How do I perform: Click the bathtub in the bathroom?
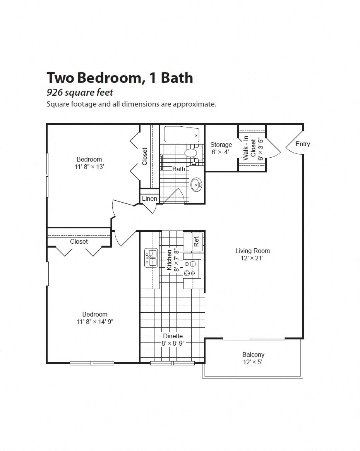point(182,134)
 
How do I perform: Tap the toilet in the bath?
point(192,153)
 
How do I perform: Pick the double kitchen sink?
point(151,258)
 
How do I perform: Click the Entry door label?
point(303,144)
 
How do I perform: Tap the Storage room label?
point(221,145)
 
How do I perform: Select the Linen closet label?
point(149,199)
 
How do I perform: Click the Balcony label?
point(253,355)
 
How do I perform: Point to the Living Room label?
point(252,251)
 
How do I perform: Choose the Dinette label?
point(173,336)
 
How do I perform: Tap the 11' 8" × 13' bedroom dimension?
point(89,167)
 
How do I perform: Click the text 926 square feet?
point(80,93)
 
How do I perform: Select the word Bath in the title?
point(177,77)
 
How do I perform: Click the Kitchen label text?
point(169,260)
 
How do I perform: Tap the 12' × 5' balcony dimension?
point(253,362)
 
